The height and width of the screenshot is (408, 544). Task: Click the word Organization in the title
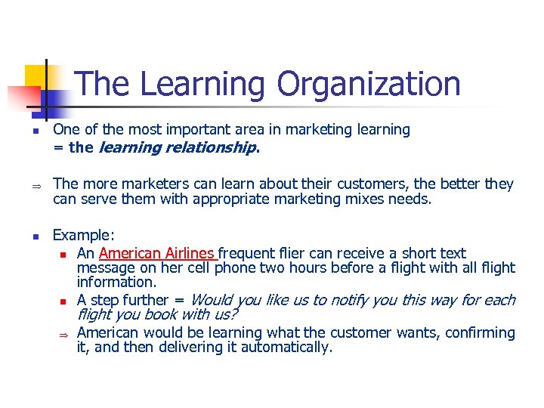(x=369, y=84)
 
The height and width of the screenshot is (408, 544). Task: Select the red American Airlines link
(x=157, y=254)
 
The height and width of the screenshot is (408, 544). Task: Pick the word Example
(x=82, y=236)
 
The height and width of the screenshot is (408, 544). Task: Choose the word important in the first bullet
(x=190, y=130)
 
